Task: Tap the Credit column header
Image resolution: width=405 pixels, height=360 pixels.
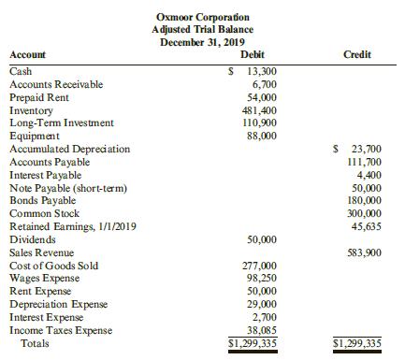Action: [x=357, y=54]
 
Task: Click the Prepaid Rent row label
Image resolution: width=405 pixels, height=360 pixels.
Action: [x=35, y=97]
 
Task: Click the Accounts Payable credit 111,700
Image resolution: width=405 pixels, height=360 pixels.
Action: [x=361, y=162]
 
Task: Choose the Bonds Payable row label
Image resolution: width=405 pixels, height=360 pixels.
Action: [x=40, y=200]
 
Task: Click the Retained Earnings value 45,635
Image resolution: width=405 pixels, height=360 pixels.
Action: [x=364, y=225]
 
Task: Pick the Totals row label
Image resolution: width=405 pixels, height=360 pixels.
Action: [x=36, y=343]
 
